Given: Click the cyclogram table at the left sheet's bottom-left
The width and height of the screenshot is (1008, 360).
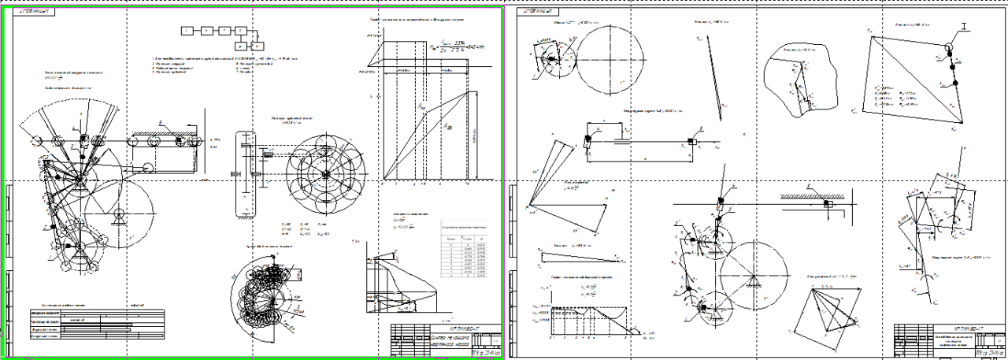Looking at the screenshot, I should coord(94,323).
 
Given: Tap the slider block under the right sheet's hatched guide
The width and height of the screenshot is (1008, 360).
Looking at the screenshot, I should coord(829,205).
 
